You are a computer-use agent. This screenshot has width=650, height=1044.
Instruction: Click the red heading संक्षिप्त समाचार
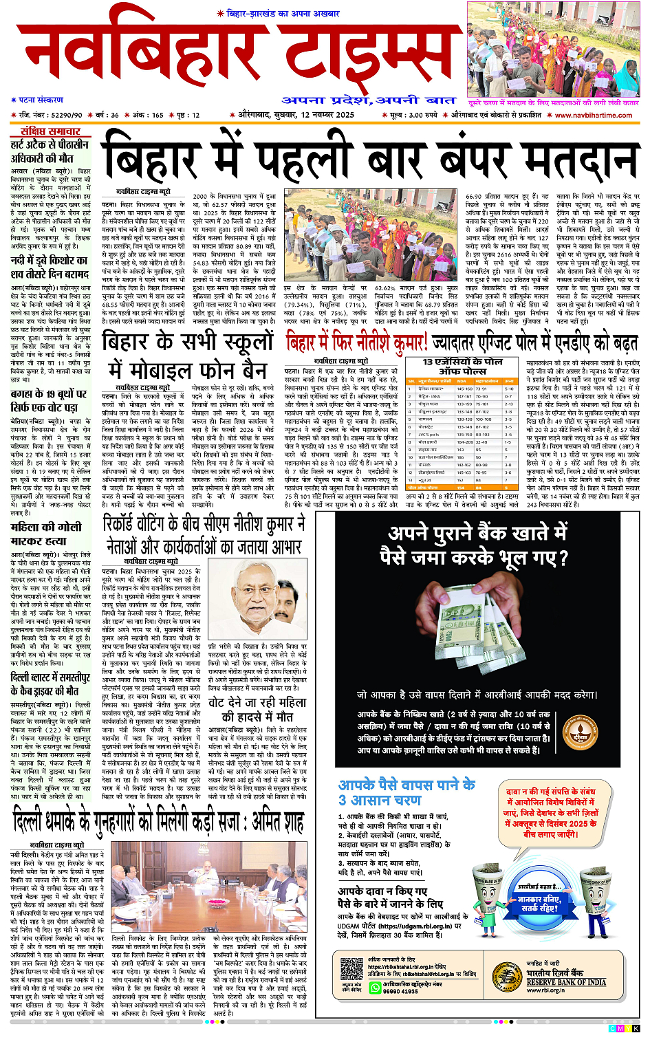point(50,131)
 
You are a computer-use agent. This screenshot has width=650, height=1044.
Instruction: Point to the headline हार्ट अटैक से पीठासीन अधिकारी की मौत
point(50,151)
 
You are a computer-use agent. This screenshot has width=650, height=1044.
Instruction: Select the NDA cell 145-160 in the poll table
point(464,389)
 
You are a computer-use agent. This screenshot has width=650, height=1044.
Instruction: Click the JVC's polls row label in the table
point(429,434)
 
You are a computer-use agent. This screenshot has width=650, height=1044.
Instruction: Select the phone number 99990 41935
point(400,991)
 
